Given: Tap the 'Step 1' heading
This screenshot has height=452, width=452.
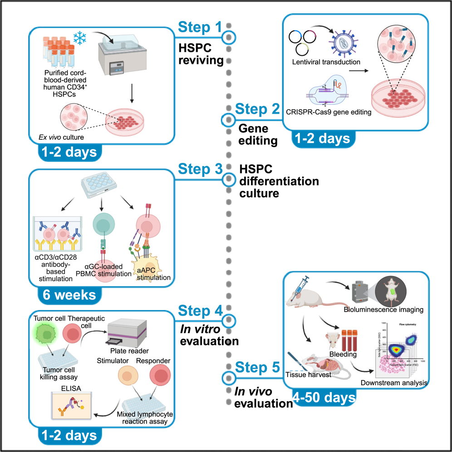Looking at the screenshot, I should (200, 27).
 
